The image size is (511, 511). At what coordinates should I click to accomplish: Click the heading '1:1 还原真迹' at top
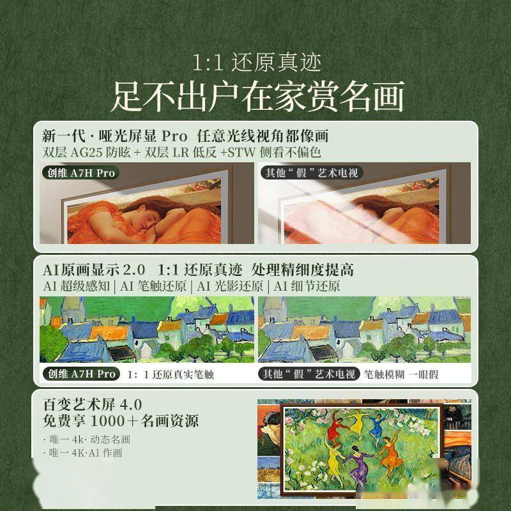[256, 63]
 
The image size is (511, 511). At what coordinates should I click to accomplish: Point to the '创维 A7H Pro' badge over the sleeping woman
[80, 172]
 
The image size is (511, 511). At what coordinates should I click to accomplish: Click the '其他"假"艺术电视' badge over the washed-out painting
[310, 172]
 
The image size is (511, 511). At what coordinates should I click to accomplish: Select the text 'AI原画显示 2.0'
[94, 269]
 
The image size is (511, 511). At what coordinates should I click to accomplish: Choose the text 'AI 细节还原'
[306, 286]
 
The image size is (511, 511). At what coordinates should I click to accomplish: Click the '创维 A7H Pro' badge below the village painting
[80, 374]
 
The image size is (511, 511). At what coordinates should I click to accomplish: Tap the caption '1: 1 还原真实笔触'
[171, 374]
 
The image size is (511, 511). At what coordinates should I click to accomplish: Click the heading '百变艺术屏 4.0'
[92, 404]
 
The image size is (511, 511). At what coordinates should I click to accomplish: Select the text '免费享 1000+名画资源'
[121, 421]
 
